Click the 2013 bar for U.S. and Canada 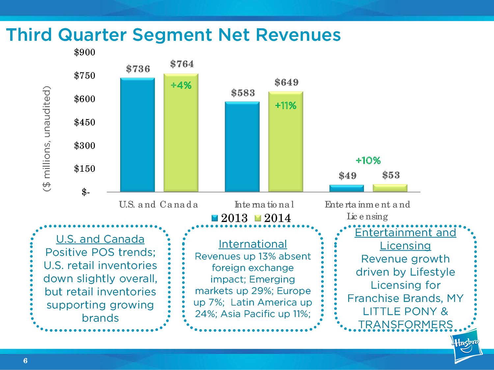137,135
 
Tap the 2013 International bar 242,147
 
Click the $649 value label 287,82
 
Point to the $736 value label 138,69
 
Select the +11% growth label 286,106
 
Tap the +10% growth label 368,160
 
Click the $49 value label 348,176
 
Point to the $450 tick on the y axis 85,122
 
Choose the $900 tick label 85,52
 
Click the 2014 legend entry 273,218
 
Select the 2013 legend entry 230,218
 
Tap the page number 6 25,361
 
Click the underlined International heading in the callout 253,244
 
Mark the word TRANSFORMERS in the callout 405,325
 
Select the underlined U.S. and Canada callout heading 100,239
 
